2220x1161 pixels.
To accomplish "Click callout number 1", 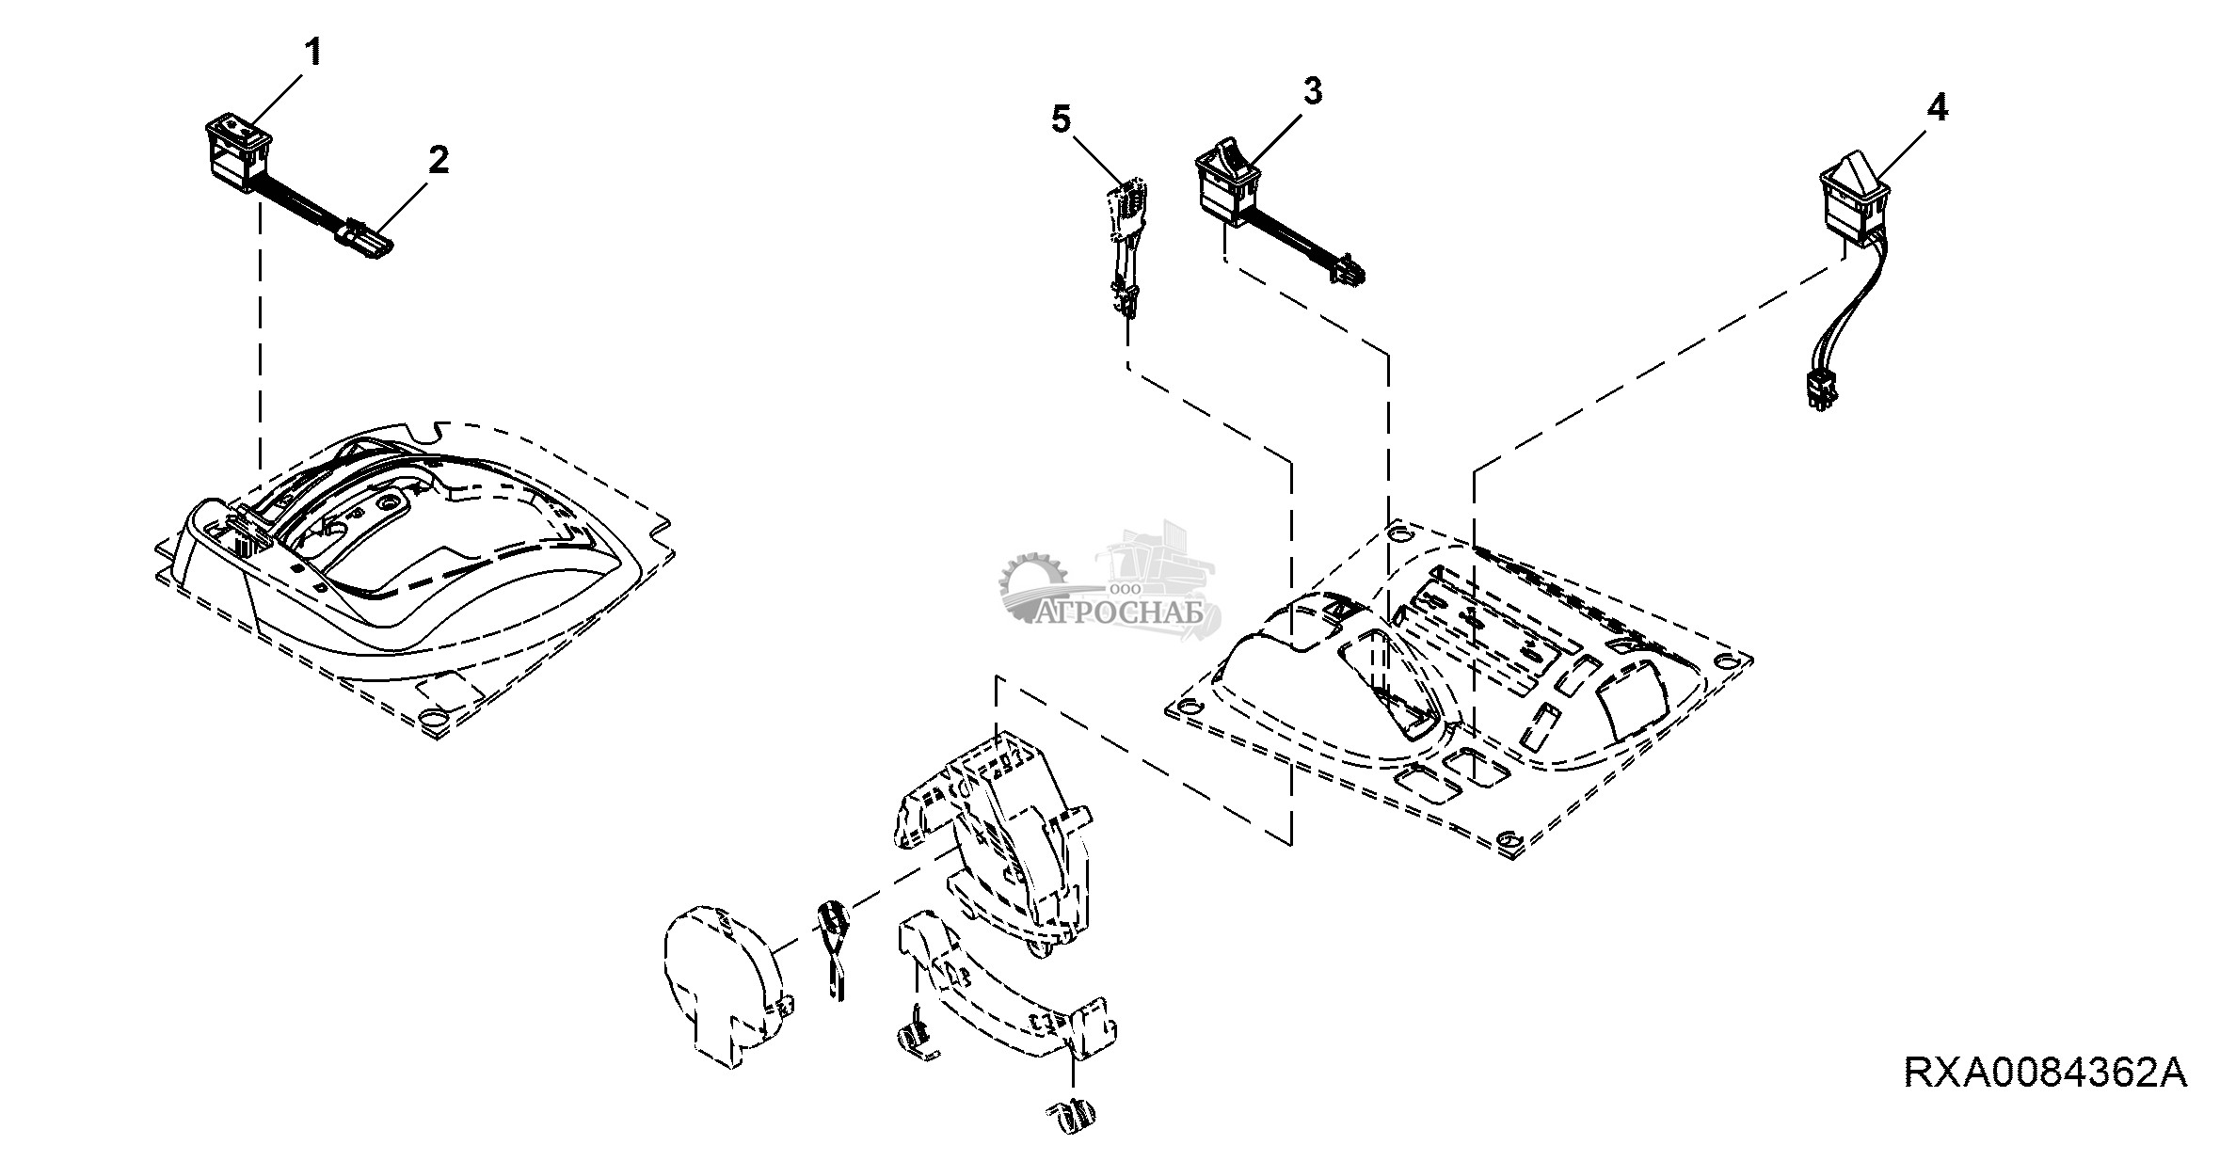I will (x=311, y=53).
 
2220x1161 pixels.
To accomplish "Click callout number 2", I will (x=438, y=161).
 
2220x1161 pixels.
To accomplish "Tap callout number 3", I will (x=1312, y=91).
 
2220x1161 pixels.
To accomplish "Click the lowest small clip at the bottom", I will (x=1072, y=1116).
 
